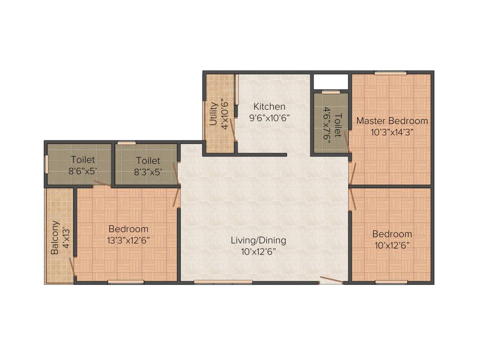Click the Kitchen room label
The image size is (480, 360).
pos(269,106)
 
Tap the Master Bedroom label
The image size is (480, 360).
pos(392,121)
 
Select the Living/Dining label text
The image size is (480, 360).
pos(258,240)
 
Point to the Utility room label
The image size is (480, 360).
pos(213,113)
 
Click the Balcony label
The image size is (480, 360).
pos(55,237)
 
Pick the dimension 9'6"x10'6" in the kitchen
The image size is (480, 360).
pos(269,118)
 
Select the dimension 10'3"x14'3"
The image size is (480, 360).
pos(392,132)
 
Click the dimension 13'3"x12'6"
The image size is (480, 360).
pos(128,240)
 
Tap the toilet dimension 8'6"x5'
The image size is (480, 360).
pos(82,172)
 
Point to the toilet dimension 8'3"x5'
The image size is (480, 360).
pos(148,172)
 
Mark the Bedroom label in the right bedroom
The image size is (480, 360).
pos(392,234)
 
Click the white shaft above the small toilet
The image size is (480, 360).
pos(330,81)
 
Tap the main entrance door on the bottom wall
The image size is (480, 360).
pos(331,281)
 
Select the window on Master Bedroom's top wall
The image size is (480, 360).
pos(390,73)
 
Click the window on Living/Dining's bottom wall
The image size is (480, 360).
pos(223,282)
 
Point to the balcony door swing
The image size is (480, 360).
pos(72,268)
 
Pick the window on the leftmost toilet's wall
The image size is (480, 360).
pos(46,165)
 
